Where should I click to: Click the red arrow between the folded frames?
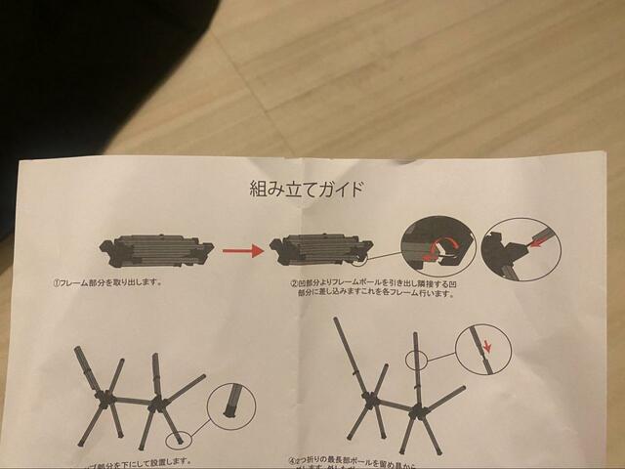click(x=243, y=251)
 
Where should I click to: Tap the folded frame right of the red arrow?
click(x=321, y=249)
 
